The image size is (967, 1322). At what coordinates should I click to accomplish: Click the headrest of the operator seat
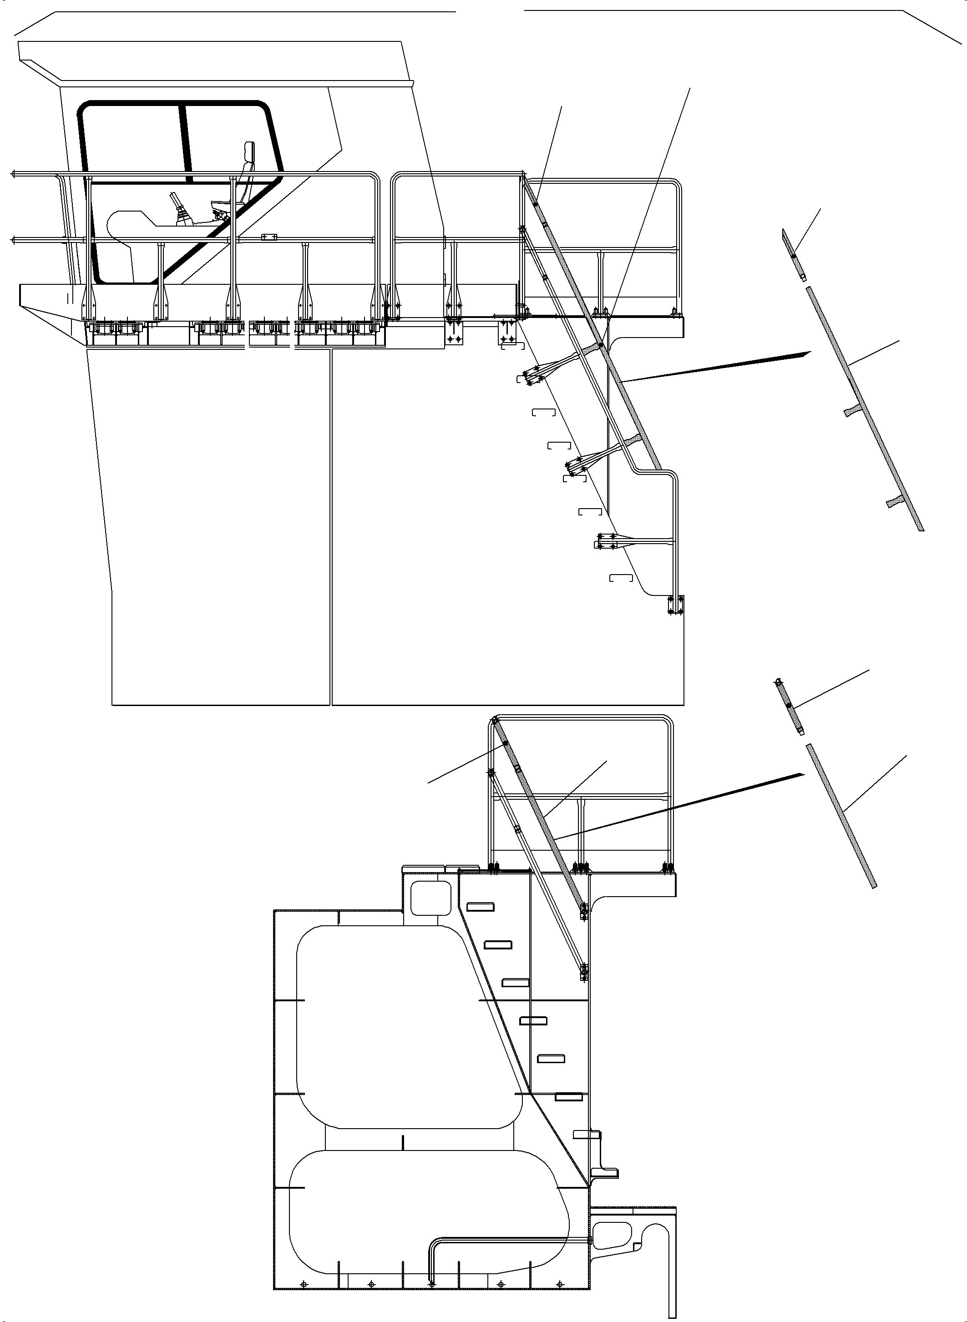250,151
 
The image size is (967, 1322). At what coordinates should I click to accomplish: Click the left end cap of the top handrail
12,174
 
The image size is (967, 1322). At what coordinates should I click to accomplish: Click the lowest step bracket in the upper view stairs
621,578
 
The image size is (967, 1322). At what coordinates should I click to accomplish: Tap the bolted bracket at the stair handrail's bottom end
675,605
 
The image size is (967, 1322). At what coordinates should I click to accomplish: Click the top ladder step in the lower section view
480,907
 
